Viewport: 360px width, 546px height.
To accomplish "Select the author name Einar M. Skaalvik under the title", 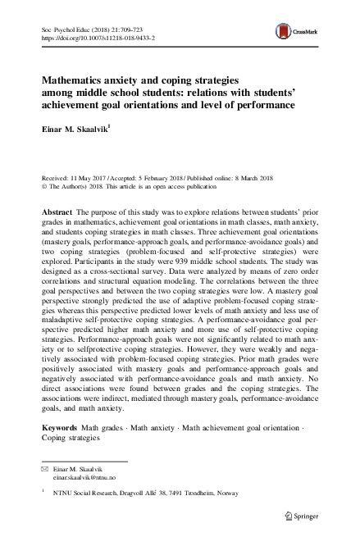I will click(x=80, y=129).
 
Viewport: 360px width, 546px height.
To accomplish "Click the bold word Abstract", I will click(x=57, y=212).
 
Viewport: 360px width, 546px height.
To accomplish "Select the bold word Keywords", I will click(x=60, y=429).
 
